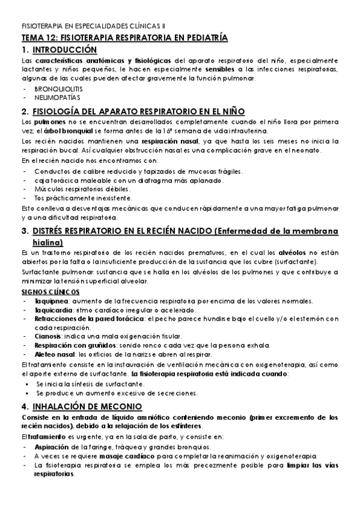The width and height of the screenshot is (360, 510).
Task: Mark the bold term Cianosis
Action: (x=47, y=336)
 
